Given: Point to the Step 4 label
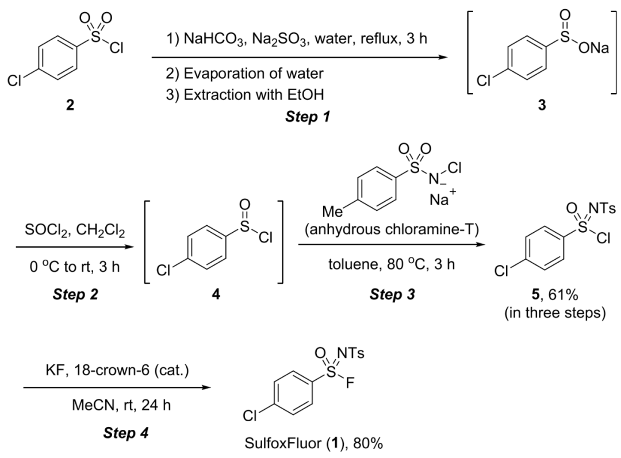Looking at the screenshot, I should [x=125, y=433].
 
